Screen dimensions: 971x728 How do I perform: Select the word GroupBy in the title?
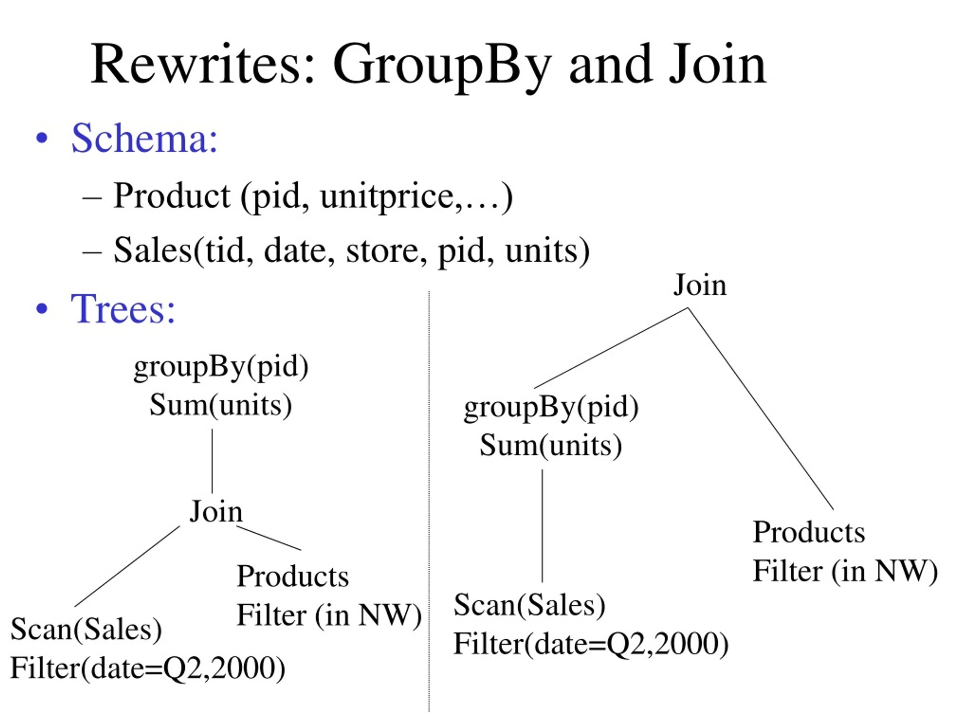coord(442,67)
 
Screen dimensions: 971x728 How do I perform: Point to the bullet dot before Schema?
coord(42,139)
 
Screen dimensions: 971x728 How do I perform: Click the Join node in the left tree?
coord(215,511)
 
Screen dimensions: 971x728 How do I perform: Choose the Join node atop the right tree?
coord(700,285)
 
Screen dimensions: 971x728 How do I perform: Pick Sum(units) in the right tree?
coord(551,446)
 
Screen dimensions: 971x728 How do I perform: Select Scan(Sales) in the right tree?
coord(529,605)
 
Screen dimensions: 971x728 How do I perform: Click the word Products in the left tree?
coord(293,576)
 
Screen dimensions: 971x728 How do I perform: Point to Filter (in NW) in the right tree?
coord(845,571)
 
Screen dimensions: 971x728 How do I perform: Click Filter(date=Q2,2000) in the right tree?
coord(591,644)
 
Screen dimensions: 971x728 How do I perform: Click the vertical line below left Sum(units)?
coord(212,461)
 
